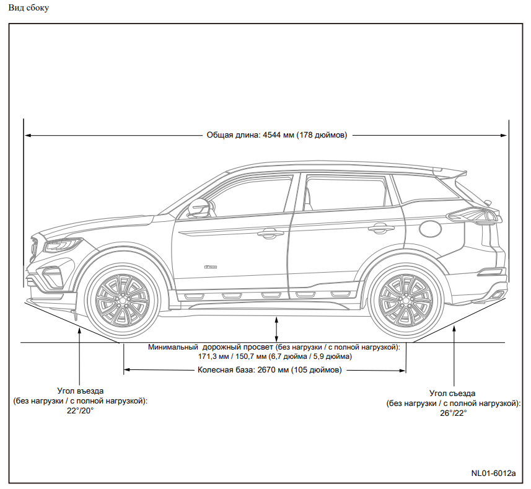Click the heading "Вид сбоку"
29,8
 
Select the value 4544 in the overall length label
272,135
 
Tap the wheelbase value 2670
266,370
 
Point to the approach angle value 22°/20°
81,410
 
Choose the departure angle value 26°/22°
453,413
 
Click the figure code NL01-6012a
493,473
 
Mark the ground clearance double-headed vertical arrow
276,329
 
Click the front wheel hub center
122,301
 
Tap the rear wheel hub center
405,300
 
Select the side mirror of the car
198,208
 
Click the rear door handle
381,228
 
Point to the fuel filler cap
431,229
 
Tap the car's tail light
473,216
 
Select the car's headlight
63,245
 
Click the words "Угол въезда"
81,391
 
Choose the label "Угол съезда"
452,394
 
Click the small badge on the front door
210,267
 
